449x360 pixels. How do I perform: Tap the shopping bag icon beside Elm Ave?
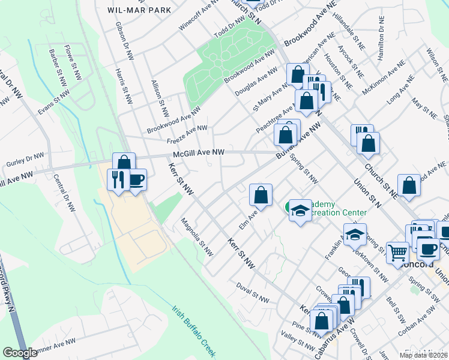[x=261, y=195]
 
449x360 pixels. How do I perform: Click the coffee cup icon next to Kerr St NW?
[x=136, y=179]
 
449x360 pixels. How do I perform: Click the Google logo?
[x=20, y=353]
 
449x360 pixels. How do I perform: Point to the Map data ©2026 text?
[x=423, y=355]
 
